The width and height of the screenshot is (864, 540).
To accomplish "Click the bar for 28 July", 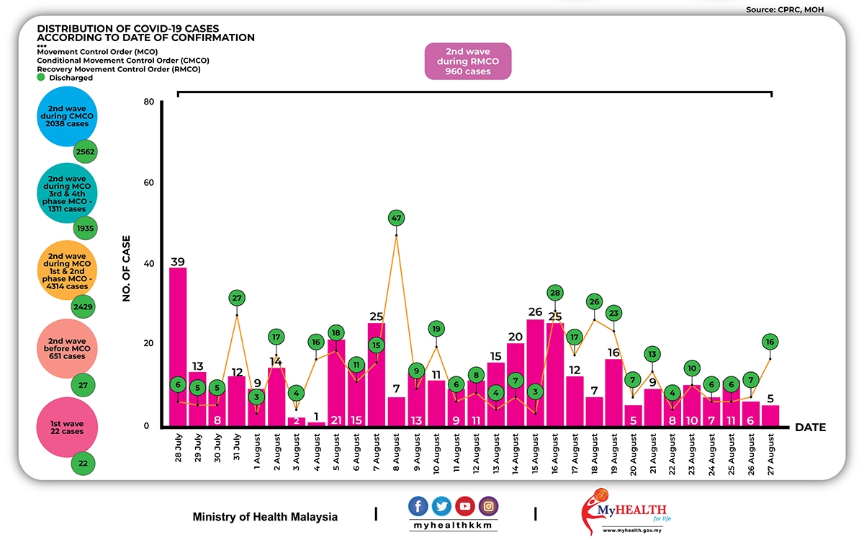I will (178, 346).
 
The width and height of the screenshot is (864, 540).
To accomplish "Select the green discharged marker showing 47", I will (396, 217).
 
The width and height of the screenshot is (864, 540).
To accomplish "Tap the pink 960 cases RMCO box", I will (467, 61).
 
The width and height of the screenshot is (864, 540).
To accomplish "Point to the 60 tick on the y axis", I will (149, 182).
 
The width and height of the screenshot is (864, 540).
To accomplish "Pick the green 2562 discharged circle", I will (84, 152).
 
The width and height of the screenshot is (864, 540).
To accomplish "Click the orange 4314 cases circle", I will (67, 271).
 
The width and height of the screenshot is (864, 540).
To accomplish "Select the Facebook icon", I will (418, 506).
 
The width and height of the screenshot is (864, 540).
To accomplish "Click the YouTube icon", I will (465, 506).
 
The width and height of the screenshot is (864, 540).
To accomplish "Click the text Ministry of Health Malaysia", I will (265, 517).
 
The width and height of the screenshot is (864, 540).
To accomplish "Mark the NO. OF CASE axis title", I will (127, 267).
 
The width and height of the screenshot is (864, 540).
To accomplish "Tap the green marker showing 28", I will (554, 293).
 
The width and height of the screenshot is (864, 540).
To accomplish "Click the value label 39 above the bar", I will (178, 260).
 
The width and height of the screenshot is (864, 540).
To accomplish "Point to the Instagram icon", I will (488, 506).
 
